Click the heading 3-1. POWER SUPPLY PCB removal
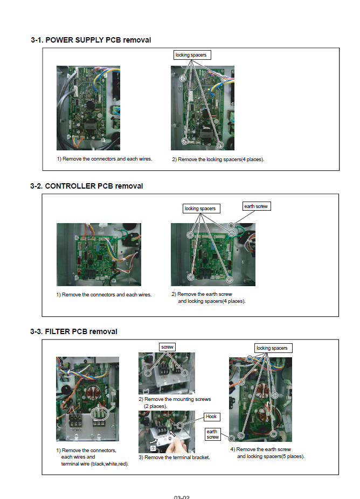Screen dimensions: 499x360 click(x=91, y=40)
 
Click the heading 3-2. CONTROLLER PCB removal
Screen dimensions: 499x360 click(x=87, y=186)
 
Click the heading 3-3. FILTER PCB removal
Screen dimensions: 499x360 click(x=74, y=331)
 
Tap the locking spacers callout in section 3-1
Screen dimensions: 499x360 click(x=191, y=55)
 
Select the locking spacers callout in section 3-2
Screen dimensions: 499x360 click(x=200, y=208)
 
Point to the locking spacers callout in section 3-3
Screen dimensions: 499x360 click(x=272, y=348)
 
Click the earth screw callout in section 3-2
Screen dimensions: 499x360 click(x=256, y=206)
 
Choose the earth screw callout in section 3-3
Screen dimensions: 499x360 click(x=213, y=434)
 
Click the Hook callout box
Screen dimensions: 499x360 click(x=211, y=417)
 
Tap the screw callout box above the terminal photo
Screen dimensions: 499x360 click(x=168, y=347)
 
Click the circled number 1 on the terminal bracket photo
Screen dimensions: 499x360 click(x=153, y=448)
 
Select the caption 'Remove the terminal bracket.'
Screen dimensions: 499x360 click(x=174, y=457)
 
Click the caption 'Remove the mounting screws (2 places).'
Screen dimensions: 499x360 click(x=175, y=402)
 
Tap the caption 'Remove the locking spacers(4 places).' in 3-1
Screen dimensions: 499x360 click(x=218, y=160)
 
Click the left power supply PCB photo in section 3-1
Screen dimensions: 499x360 click(x=88, y=108)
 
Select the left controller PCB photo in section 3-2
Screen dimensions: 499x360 click(x=99, y=254)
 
